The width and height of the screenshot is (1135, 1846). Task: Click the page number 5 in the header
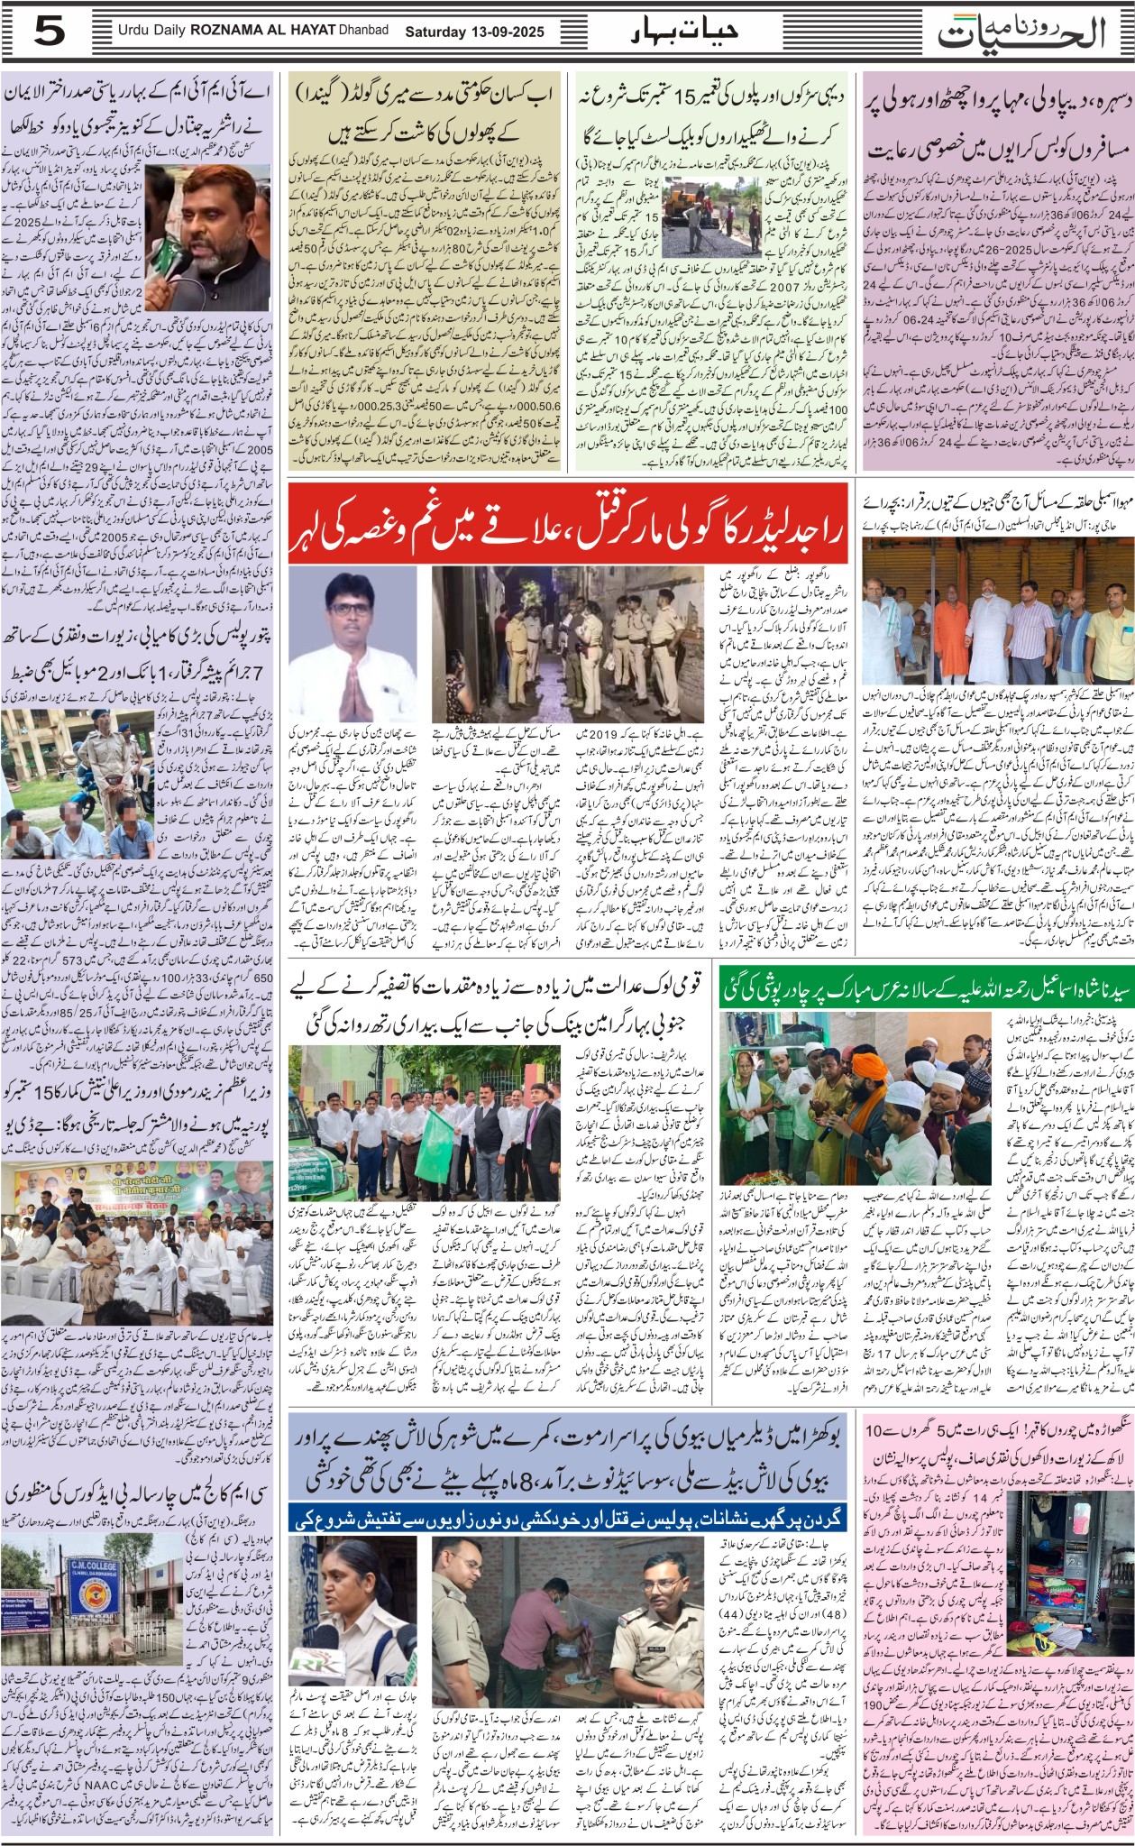pos(50,32)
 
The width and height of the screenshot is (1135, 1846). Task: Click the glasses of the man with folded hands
pos(351,607)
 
